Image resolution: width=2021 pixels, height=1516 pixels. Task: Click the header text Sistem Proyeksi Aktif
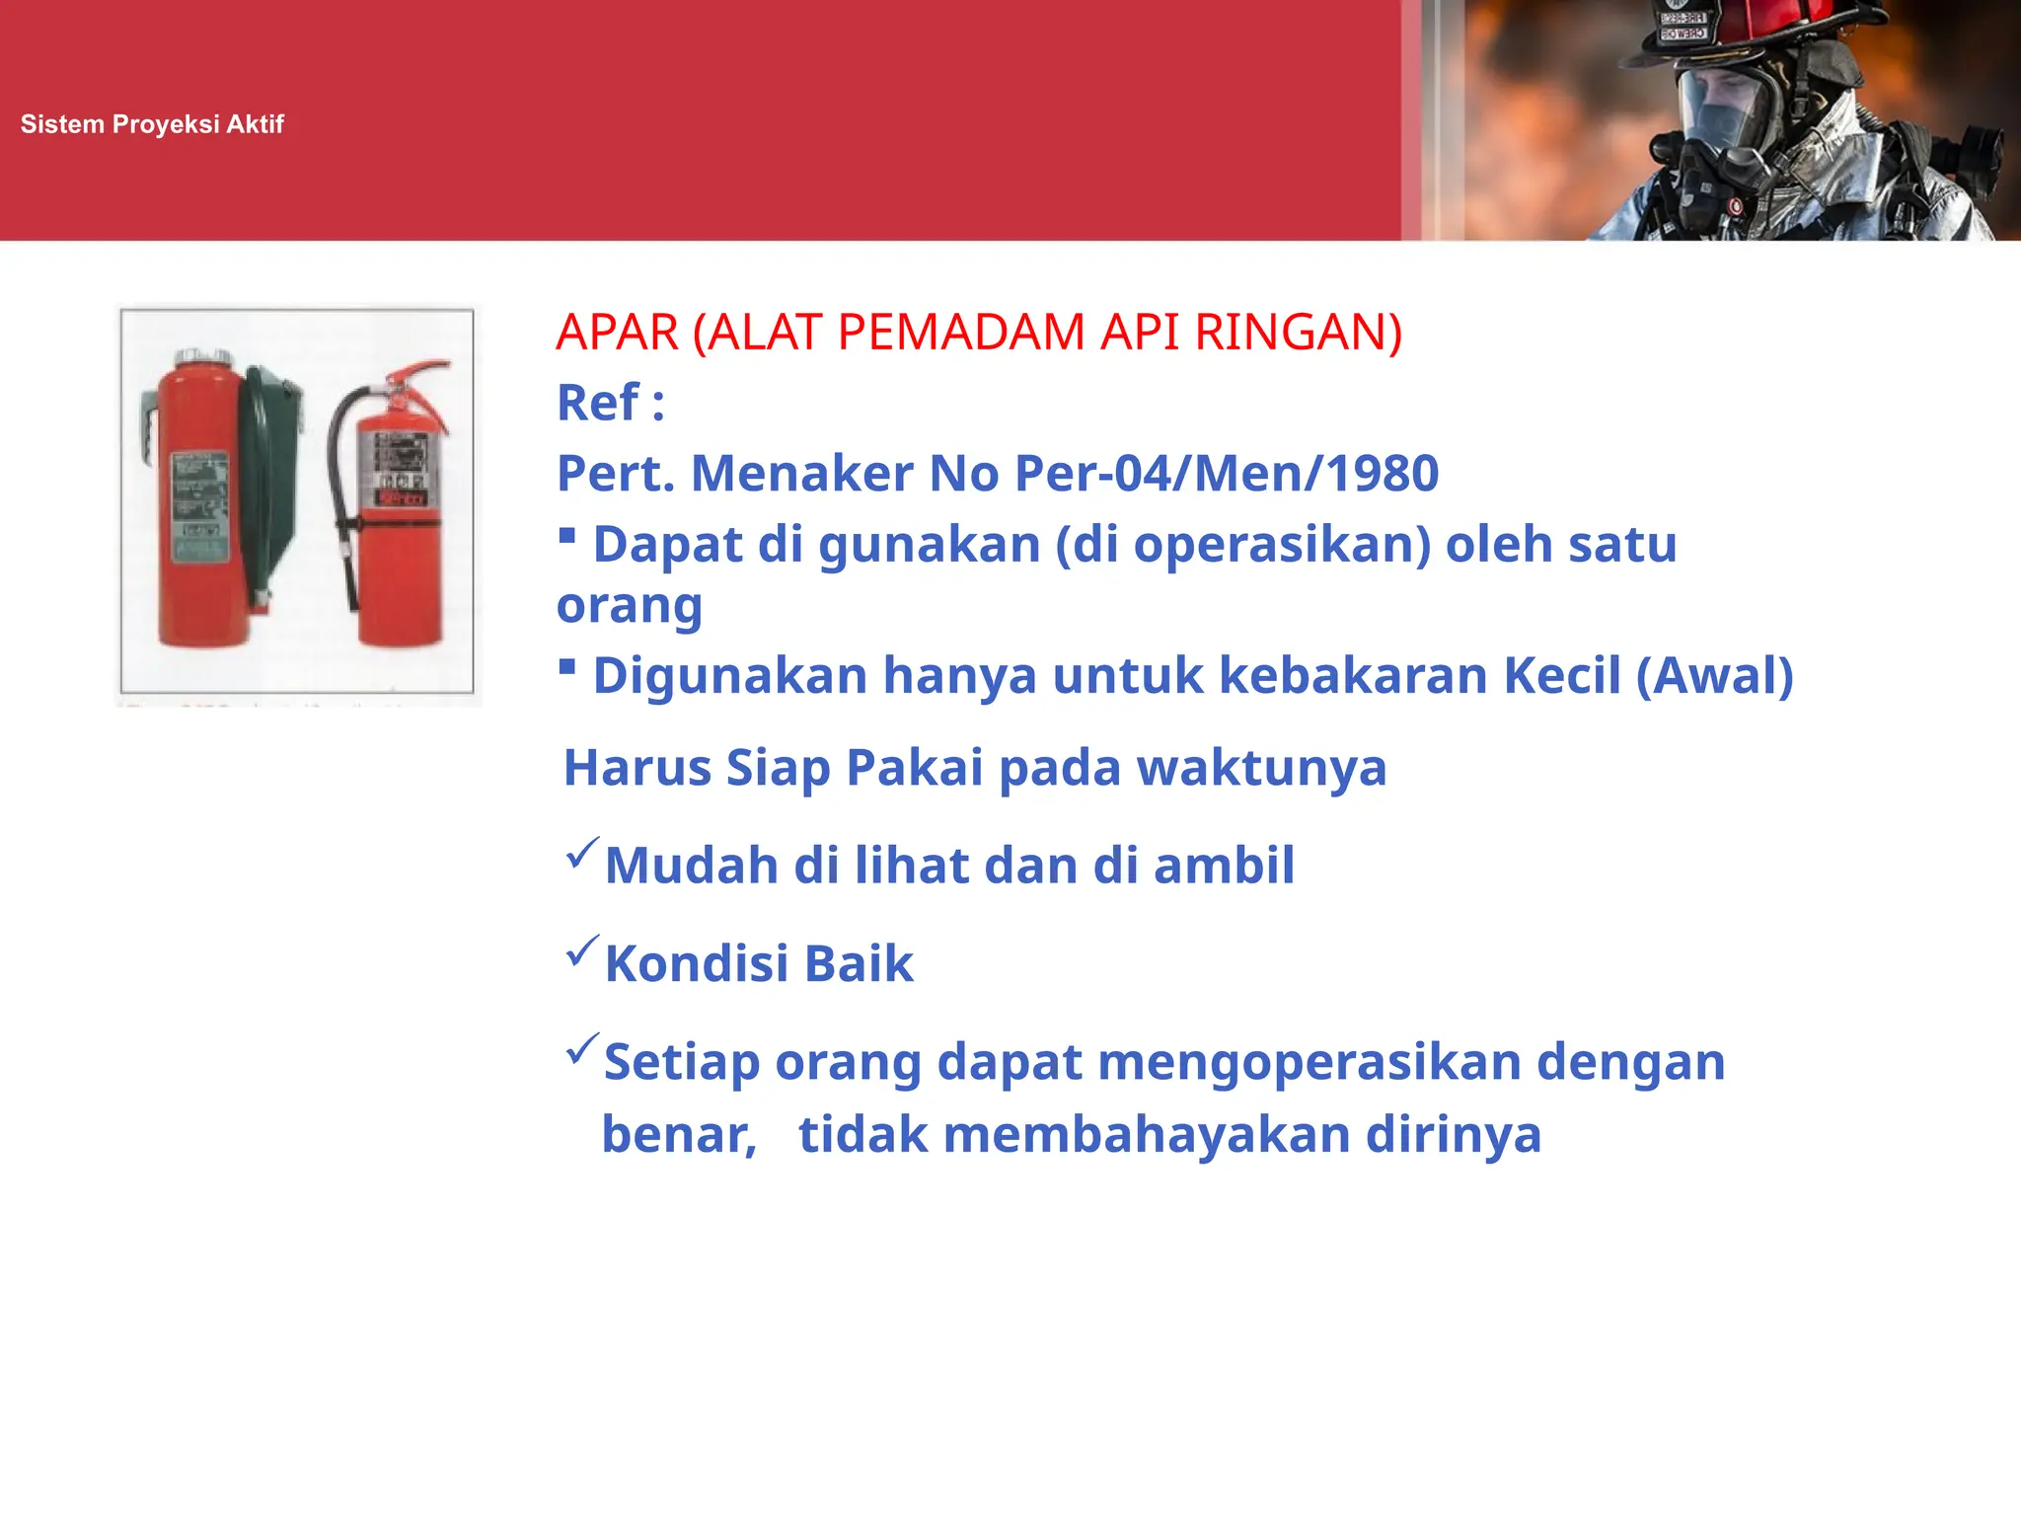[x=152, y=124]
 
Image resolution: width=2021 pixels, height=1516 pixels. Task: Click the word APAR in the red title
[x=618, y=333]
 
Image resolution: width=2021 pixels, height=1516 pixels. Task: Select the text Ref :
[x=611, y=403]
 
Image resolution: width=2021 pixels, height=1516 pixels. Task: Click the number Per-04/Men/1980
[x=1227, y=474]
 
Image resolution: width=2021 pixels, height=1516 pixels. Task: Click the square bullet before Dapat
[x=567, y=536]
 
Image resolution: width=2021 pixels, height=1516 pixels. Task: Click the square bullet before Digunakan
[x=567, y=667]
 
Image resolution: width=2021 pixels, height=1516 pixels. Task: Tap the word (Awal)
[x=1714, y=676]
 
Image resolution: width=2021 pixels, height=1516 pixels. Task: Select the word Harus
[x=637, y=768]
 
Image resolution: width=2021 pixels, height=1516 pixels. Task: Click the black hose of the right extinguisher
[x=339, y=493]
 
